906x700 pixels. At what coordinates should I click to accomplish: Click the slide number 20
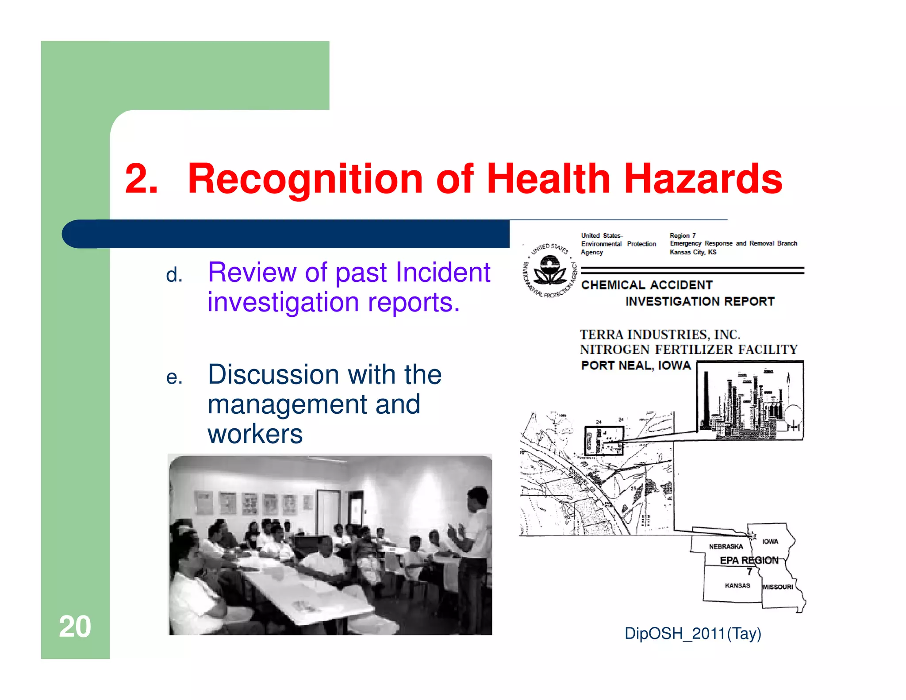click(x=75, y=627)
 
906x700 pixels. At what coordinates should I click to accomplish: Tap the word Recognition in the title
click(x=305, y=179)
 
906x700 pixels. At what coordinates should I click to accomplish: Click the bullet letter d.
click(x=174, y=275)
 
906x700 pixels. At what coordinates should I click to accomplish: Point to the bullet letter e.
click(x=174, y=377)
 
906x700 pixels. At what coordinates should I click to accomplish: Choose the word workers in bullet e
click(x=255, y=434)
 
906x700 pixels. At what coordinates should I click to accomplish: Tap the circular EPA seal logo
click(x=550, y=270)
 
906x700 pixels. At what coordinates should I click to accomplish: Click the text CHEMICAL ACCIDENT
click(x=647, y=285)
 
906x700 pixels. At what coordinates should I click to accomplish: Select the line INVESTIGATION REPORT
click(x=700, y=302)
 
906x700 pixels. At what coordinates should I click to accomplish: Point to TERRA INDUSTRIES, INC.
click(x=660, y=335)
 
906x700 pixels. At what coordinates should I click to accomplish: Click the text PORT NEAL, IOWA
click(x=636, y=365)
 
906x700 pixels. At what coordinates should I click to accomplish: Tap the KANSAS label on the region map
click(x=737, y=585)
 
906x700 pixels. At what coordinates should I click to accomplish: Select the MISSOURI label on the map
click(x=778, y=587)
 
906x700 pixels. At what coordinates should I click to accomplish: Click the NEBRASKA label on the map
click(x=726, y=547)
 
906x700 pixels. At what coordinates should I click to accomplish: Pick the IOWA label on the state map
click(x=770, y=542)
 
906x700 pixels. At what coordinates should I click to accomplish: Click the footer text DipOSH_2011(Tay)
click(x=693, y=634)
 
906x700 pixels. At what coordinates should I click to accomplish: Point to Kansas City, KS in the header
click(x=693, y=252)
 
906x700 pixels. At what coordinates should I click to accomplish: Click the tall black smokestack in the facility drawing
click(x=706, y=400)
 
